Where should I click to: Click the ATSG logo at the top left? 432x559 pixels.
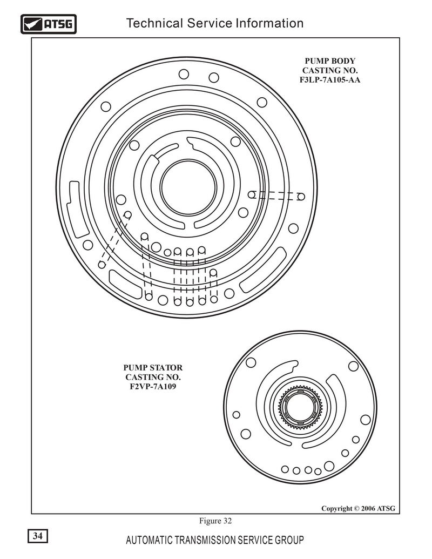[49, 24]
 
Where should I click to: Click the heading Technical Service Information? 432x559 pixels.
[215, 23]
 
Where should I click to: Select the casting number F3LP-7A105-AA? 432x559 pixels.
[330, 80]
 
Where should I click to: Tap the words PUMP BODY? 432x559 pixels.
[330, 61]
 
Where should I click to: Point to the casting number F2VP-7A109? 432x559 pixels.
[153, 387]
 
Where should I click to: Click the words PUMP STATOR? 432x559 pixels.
[153, 368]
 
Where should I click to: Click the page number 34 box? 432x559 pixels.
[38, 536]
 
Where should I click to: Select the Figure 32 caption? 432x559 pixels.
[215, 521]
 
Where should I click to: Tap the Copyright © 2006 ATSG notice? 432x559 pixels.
[358, 508]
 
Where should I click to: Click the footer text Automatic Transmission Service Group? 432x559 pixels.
[215, 540]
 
